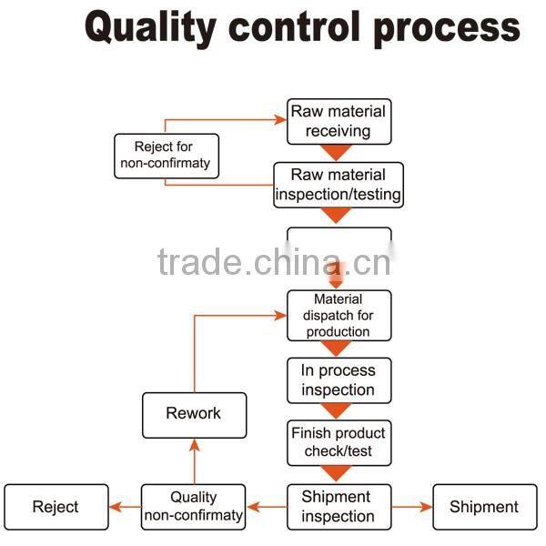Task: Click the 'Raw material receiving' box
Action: [x=339, y=121]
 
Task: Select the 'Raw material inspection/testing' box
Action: [x=339, y=185]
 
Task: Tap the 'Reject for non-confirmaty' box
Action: [x=166, y=156]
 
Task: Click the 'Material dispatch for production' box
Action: [x=339, y=315]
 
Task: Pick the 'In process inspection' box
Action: [x=339, y=380]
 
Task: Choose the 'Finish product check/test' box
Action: [x=339, y=441]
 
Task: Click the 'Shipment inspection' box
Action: [x=339, y=507]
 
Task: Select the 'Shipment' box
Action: [x=483, y=508]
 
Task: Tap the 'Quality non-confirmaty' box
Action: [x=193, y=507]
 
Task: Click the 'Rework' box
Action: [x=193, y=414]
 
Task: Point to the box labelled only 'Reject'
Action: [x=56, y=508]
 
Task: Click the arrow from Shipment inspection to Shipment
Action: [x=412, y=508]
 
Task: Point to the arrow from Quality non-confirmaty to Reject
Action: [x=125, y=508]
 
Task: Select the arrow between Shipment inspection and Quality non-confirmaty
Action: [x=267, y=508]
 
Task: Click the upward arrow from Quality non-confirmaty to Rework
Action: [x=193, y=460]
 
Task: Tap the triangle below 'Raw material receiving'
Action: [x=338, y=152]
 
